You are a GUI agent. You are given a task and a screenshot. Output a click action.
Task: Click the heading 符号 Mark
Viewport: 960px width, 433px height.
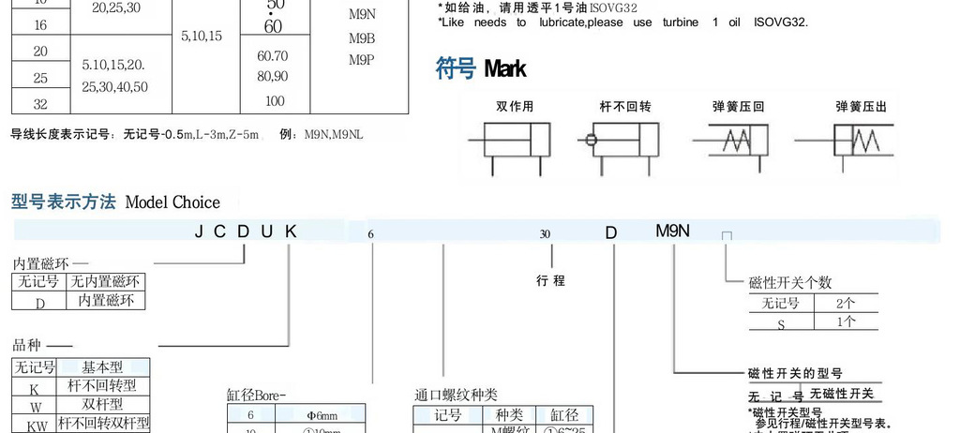coord(481,68)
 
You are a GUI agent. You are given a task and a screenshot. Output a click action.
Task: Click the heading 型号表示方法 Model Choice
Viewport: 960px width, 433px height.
coord(115,202)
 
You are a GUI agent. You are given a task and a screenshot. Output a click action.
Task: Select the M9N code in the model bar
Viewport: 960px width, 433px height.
coord(672,231)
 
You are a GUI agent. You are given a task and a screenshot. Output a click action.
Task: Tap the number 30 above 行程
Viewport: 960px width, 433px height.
coord(545,234)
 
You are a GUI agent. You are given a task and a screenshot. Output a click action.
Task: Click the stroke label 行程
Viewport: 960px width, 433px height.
coord(550,279)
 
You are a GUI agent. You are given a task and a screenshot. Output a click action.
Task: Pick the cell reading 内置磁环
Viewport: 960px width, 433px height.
coord(106,301)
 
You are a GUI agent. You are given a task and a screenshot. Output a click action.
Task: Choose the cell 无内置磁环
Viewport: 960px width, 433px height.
coord(106,281)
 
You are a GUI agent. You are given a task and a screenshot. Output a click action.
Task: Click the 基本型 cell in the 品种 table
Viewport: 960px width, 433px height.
coord(102,367)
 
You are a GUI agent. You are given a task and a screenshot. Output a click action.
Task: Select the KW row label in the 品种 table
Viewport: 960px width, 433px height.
coord(35,423)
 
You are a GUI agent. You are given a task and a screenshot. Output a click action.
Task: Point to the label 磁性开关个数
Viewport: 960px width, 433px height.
coord(790,282)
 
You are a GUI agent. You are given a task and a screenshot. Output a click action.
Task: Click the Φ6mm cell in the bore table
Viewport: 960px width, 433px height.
coord(322,414)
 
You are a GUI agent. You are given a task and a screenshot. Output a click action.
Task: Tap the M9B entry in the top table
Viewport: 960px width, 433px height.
coord(362,38)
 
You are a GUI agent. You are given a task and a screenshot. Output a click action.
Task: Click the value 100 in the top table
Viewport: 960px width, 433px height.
coord(275,101)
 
